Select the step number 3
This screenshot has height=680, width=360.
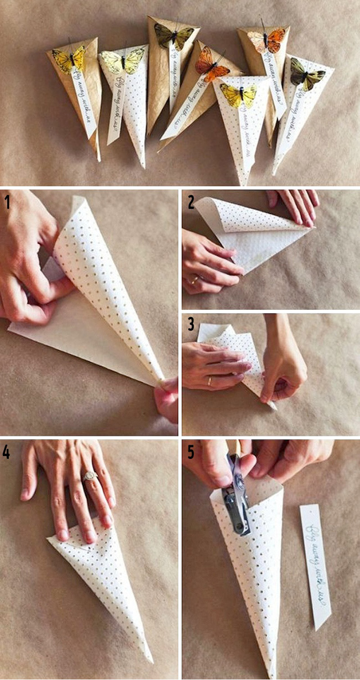pyautogui.click(x=191, y=324)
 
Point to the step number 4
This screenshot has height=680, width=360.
pyautogui.click(x=7, y=453)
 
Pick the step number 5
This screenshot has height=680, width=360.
pyautogui.click(x=191, y=453)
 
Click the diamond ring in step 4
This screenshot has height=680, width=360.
pyautogui.click(x=89, y=476)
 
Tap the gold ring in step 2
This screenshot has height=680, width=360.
pyautogui.click(x=195, y=280)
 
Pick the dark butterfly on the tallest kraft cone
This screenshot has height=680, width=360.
pyautogui.click(x=174, y=35)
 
